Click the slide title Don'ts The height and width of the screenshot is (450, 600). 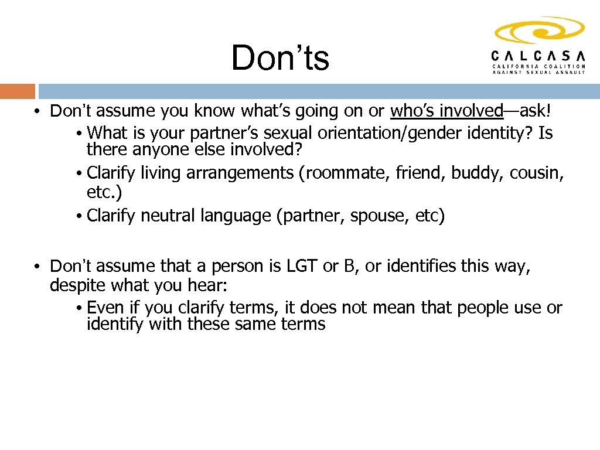pos(280,59)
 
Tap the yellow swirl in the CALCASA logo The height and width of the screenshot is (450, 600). pos(540,31)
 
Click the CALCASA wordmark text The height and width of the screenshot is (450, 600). pos(538,56)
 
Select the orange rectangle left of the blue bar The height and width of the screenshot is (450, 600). pos(18,91)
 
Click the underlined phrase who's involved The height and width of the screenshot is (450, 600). pos(446,111)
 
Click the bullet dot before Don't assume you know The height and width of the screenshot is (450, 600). pos(36,111)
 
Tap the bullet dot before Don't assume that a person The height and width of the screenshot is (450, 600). pos(36,267)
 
